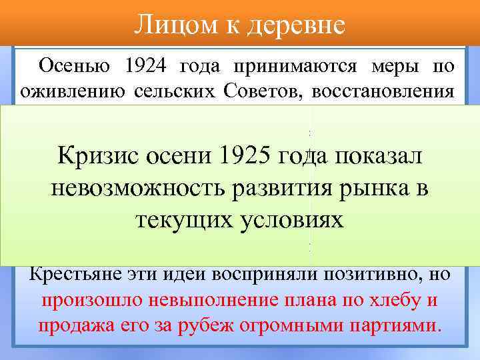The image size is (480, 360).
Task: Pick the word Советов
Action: pyautogui.click(x=267, y=90)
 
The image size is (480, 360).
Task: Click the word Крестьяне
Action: pyautogui.click(x=78, y=273)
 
